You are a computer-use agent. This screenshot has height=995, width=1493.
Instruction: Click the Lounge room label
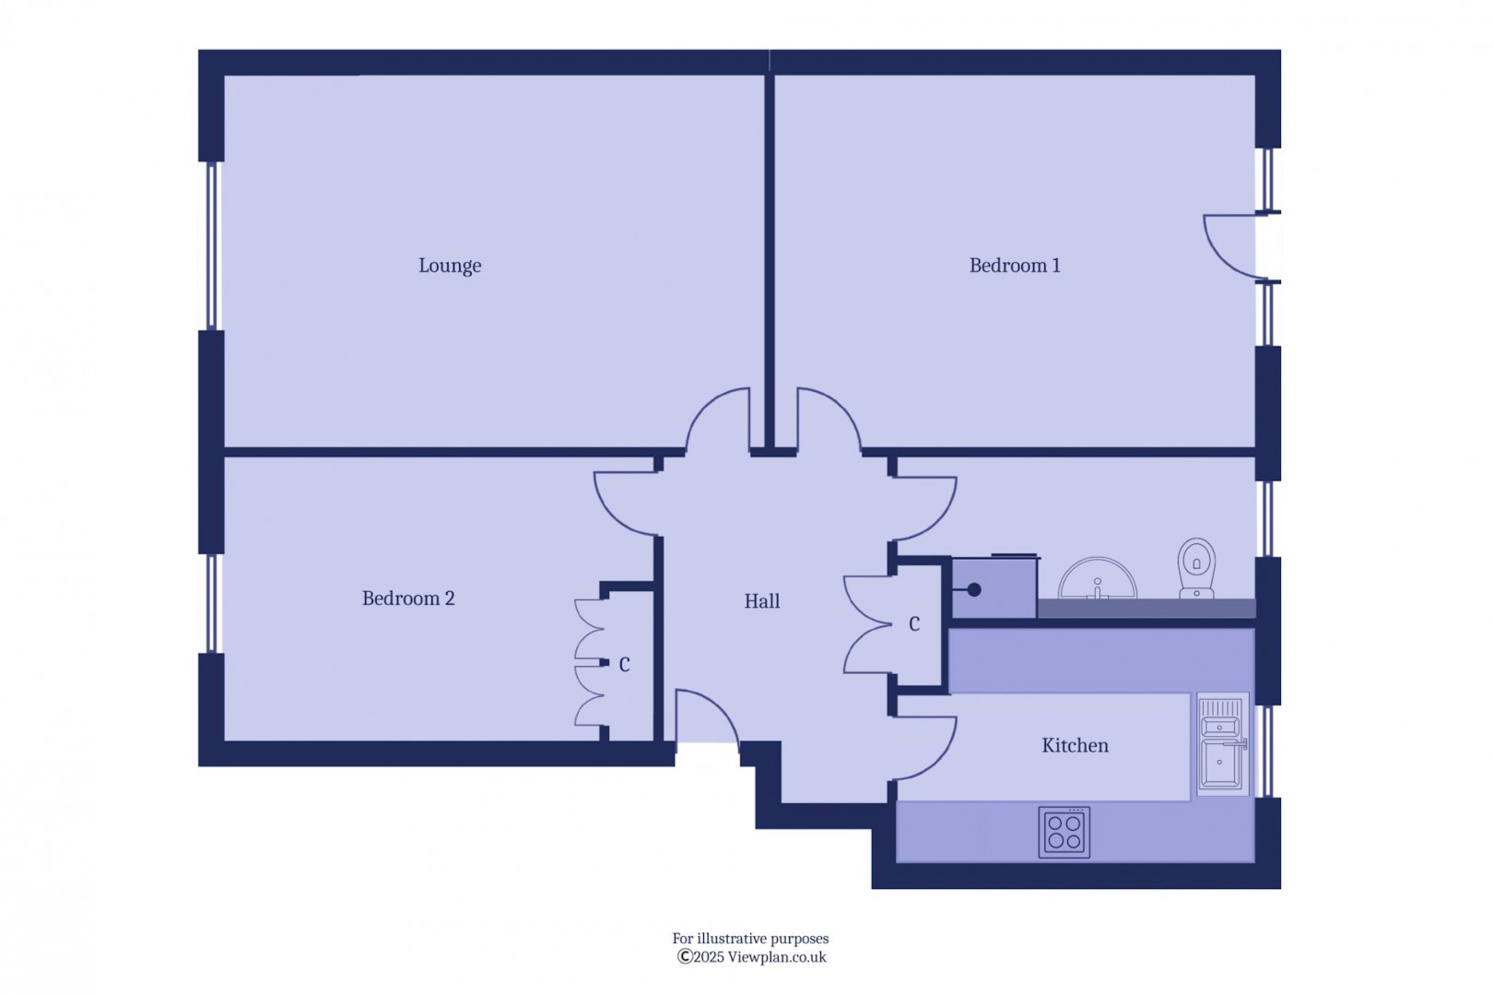[x=450, y=266]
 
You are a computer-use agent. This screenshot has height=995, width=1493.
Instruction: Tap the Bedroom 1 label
[x=1015, y=266]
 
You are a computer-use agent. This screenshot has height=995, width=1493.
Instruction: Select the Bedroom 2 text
[x=408, y=598]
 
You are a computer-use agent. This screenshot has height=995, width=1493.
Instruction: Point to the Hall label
[x=762, y=601]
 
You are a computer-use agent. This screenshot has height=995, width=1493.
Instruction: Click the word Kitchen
[x=1076, y=746]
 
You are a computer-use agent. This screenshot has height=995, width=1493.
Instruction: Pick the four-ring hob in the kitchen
[x=1064, y=833]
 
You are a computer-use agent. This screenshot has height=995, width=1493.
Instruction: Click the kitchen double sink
[x=1222, y=744]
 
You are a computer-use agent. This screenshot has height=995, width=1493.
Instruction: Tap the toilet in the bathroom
[x=1196, y=568]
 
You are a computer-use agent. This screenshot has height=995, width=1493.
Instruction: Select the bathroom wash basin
[x=1098, y=578]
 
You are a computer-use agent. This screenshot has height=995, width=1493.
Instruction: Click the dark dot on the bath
[x=974, y=589]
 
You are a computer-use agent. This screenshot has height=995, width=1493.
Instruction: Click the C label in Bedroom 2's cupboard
[x=625, y=665]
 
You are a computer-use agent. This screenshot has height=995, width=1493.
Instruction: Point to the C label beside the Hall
[x=914, y=624]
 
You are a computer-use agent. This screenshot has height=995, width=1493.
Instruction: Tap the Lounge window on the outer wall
[x=211, y=246]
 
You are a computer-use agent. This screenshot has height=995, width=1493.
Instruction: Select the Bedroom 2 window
[x=211, y=603]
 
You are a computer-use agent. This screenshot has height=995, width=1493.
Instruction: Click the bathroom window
[x=1268, y=519]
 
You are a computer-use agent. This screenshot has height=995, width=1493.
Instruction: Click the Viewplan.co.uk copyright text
[x=752, y=957]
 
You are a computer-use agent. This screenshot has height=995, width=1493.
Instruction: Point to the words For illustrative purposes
[x=750, y=939]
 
